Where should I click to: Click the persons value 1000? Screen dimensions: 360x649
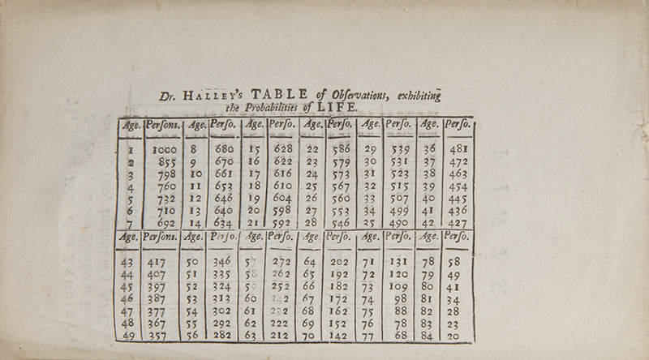[x=165, y=150]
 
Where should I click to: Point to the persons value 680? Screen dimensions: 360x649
[x=223, y=150]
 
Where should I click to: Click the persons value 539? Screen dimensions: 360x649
[x=398, y=150]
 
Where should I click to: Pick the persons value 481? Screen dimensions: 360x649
[x=458, y=150]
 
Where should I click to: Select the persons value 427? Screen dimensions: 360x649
[x=458, y=223]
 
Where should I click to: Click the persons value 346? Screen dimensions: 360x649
[x=221, y=263]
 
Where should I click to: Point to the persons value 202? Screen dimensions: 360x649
[x=338, y=263]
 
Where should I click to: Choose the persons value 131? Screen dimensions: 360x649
[x=397, y=263]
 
